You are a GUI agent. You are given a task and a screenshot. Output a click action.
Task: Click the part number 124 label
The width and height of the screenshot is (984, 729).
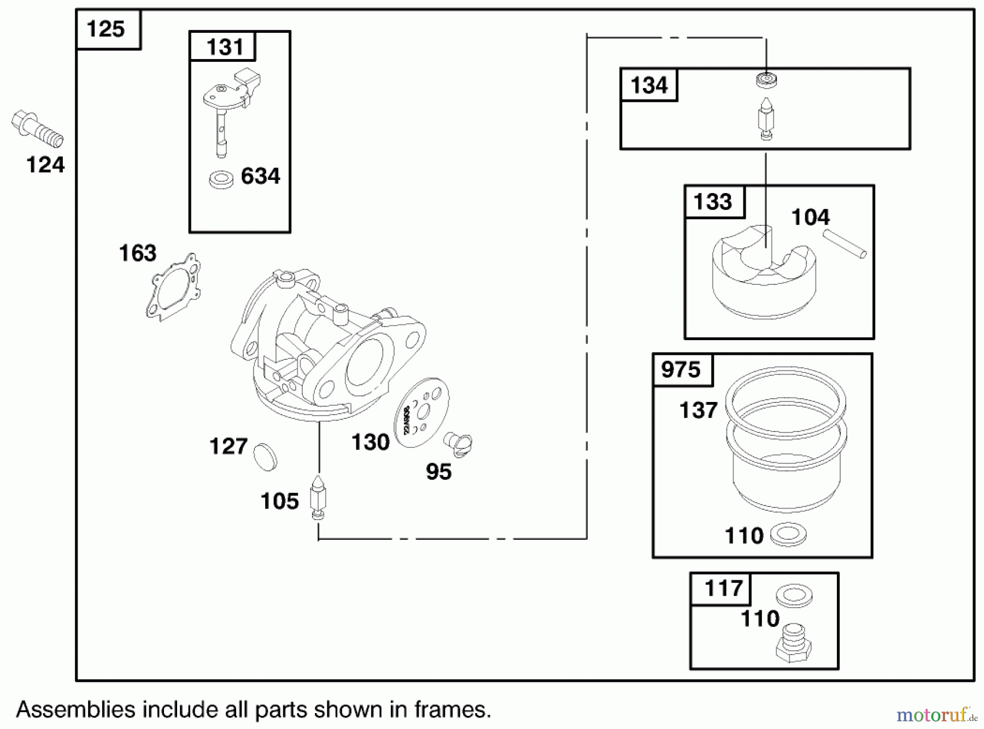(45, 165)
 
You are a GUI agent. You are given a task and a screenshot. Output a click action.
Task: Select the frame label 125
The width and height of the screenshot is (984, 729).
(106, 29)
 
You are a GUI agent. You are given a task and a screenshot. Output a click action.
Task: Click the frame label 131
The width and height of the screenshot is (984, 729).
(225, 47)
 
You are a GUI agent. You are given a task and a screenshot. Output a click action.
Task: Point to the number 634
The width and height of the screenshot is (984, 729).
(260, 176)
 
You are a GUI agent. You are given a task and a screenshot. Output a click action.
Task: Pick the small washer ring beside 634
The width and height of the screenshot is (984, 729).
(221, 179)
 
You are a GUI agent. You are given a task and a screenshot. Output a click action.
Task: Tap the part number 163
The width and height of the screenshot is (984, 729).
(138, 253)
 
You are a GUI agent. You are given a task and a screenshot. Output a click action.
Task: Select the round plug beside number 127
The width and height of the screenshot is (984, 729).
(266, 456)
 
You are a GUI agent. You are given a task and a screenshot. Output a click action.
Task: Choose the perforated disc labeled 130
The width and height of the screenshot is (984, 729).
(421, 413)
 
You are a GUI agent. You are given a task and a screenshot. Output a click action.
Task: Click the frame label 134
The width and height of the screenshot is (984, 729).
(649, 85)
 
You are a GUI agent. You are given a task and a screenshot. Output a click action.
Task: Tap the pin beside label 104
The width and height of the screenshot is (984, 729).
(845, 244)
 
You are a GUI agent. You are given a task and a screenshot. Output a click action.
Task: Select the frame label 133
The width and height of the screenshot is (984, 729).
(712, 202)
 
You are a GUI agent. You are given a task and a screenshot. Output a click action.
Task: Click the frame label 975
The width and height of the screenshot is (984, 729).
(681, 370)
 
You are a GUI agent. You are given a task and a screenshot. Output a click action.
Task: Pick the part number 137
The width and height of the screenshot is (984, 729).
(698, 410)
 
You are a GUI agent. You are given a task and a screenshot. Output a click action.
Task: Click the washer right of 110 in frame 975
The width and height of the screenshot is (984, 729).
(788, 535)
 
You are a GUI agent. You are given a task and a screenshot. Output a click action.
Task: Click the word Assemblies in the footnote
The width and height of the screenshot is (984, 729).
(75, 710)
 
